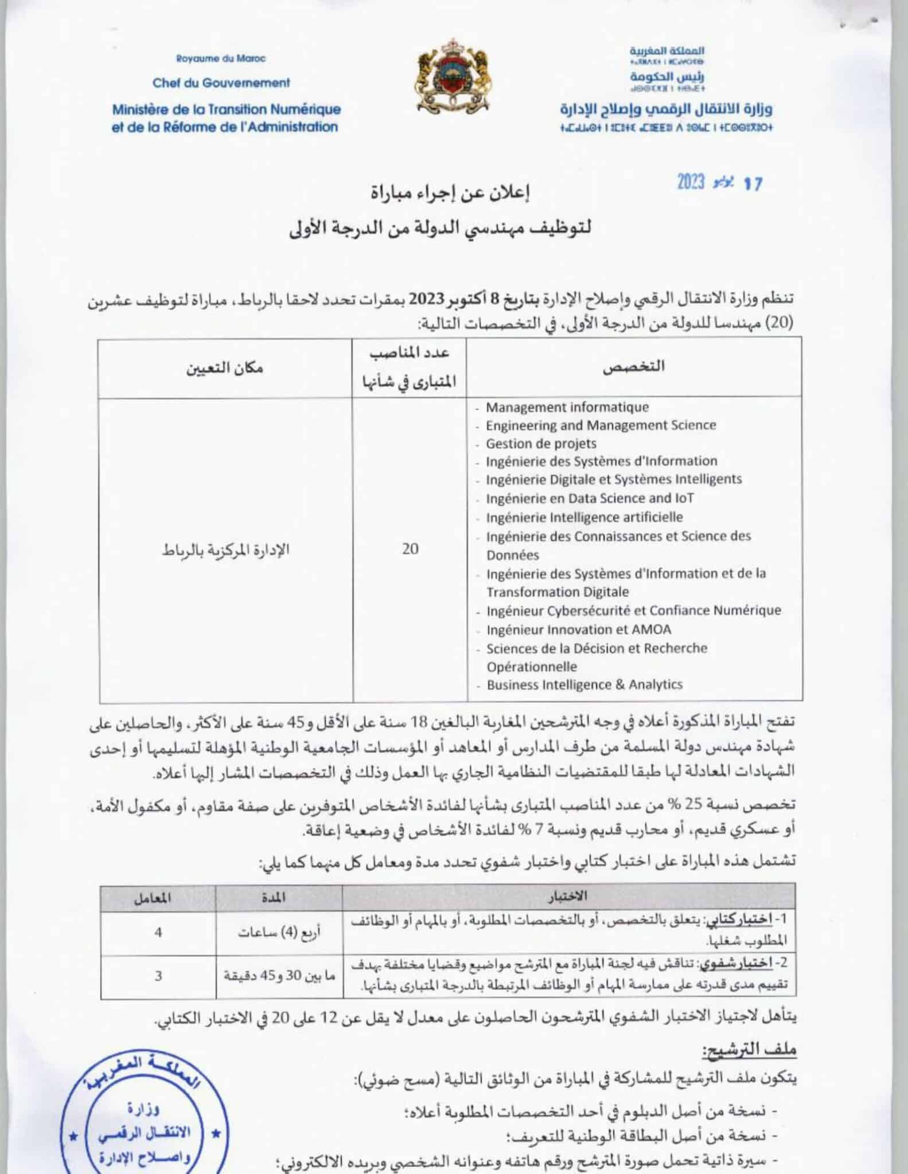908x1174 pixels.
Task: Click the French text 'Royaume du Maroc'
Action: [221, 58]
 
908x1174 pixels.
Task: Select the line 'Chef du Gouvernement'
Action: [221, 83]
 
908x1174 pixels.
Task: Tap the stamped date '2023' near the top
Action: [690, 182]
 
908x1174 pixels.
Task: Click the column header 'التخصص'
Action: [633, 367]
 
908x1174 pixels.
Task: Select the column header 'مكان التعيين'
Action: [224, 367]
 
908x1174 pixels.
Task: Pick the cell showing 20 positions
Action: [410, 549]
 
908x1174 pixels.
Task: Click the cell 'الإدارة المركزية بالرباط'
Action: [225, 550]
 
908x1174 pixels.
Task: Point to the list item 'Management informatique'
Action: [567, 407]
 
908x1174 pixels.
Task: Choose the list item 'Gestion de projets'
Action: [541, 443]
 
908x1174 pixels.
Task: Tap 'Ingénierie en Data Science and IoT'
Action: [590, 498]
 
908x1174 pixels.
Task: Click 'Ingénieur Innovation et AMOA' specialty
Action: [578, 629]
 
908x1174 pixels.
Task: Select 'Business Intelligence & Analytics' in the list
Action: [584, 684]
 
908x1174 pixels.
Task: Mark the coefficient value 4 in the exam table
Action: [158, 933]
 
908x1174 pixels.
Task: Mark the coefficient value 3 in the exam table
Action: [158, 975]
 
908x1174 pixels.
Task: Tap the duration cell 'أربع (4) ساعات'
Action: [279, 933]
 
